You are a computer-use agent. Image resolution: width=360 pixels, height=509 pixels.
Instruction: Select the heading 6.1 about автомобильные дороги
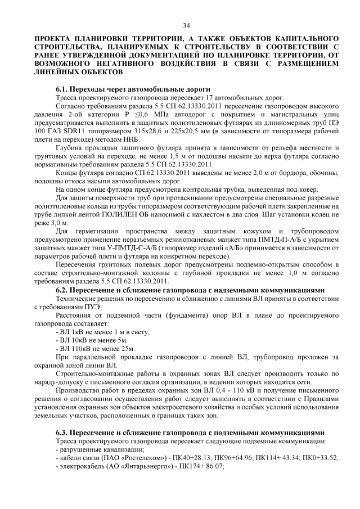click(x=133, y=89)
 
